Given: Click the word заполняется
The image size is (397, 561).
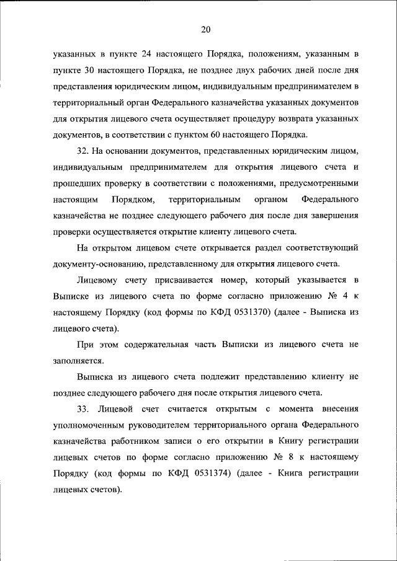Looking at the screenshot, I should (x=78, y=361).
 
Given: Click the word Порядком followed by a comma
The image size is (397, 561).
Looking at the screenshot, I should (x=133, y=200).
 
